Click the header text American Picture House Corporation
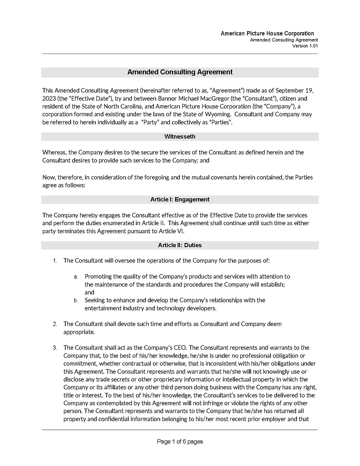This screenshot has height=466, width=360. tap(267, 34)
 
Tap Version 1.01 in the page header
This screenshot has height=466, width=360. tap(305, 46)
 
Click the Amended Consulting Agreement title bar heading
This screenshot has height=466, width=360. tap(180, 72)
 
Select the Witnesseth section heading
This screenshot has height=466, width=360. tap(180, 136)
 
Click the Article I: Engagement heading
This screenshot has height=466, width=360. tap(180, 199)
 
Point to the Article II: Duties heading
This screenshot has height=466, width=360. tap(180, 245)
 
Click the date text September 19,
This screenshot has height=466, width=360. tap(293, 90)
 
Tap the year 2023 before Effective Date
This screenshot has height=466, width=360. tap(49, 98)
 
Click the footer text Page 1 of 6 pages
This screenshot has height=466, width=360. tap(180, 442)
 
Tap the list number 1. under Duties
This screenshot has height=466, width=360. tap(55, 261)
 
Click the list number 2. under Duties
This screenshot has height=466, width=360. tap(55, 324)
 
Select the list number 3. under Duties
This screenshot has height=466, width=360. tap(55, 348)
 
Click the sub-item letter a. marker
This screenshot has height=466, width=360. tap(76, 276)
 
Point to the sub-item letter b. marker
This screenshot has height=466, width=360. tap(76, 300)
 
